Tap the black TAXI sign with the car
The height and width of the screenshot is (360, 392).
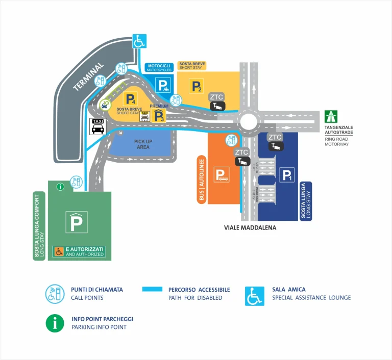97,126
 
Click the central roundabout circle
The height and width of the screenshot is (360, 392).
249,121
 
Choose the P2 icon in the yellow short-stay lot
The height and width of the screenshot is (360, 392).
196,86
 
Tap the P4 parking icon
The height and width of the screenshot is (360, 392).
131,99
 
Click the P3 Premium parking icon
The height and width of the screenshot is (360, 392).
160,116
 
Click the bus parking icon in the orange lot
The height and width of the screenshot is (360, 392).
222,175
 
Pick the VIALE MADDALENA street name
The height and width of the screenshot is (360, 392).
250,228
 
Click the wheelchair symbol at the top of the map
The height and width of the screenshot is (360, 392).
139,41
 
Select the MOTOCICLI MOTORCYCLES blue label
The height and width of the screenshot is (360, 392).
159,67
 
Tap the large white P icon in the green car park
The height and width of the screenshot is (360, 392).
77,222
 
